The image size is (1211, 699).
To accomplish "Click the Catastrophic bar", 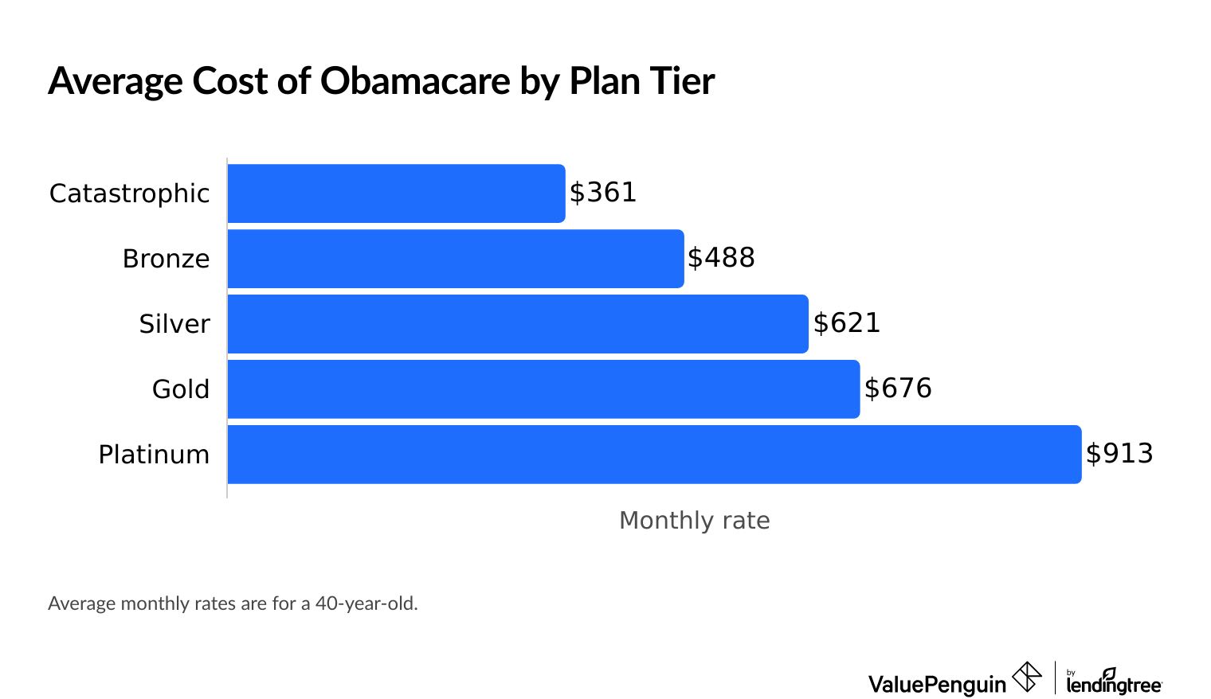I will pyautogui.click(x=396, y=193).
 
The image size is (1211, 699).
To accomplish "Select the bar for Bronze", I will pyautogui.click(x=455, y=259).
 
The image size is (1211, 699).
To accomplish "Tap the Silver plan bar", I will pyautogui.click(x=518, y=324).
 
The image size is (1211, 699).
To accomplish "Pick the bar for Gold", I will pyautogui.click(x=543, y=389).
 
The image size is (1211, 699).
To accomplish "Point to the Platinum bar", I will pyautogui.click(x=654, y=455).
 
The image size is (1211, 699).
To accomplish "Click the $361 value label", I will pyautogui.click(x=603, y=193).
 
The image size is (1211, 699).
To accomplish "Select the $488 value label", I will pyautogui.click(x=721, y=258).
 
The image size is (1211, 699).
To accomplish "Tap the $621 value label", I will pyautogui.click(x=847, y=323).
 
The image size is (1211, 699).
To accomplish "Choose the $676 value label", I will pyautogui.click(x=898, y=389).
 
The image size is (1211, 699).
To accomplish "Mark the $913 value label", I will pyautogui.click(x=1119, y=454).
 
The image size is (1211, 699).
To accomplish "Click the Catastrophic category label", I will pyautogui.click(x=129, y=193).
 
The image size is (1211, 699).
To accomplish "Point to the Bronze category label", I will pyautogui.click(x=166, y=259).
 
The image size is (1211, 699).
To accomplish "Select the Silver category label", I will pyautogui.click(x=174, y=324).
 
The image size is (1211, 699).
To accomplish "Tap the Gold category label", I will pyautogui.click(x=181, y=389).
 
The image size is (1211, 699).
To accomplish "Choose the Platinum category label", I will pyautogui.click(x=154, y=455).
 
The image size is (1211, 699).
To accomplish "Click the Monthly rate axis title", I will pyautogui.click(x=694, y=521).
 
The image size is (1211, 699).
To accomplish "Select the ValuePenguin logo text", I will pyautogui.click(x=937, y=684).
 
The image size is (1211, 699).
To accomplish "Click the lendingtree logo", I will pyautogui.click(x=1113, y=682).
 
